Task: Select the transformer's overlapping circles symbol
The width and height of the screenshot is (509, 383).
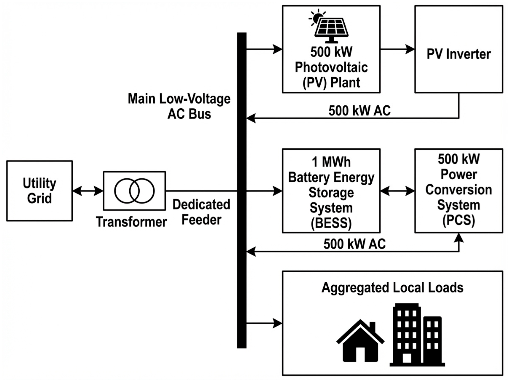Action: pyautogui.click(x=134, y=191)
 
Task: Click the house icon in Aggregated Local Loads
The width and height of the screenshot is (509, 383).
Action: pyautogui.click(x=360, y=341)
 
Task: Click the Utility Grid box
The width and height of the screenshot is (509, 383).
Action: pyautogui.click(x=39, y=191)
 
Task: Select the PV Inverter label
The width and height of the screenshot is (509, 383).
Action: pyautogui.click(x=458, y=54)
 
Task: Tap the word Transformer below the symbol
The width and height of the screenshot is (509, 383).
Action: pyautogui.click(x=131, y=222)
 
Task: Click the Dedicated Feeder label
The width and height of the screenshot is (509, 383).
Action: pyautogui.click(x=201, y=212)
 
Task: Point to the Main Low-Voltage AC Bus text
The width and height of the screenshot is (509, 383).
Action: pyautogui.click(x=179, y=106)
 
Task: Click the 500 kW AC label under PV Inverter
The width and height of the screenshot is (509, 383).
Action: pyautogui.click(x=359, y=111)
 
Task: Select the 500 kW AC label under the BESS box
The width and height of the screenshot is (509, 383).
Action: pyautogui.click(x=354, y=244)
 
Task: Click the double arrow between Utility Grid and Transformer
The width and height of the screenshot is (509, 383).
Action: pyautogui.click(x=88, y=191)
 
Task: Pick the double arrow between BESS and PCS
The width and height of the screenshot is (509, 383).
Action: pyautogui.click(x=397, y=191)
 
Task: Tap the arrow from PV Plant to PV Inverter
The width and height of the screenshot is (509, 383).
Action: pyautogui.click(x=397, y=49)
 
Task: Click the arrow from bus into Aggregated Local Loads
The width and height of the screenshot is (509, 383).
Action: pyautogui.click(x=264, y=323)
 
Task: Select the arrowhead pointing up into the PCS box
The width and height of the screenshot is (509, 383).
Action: pyautogui.click(x=459, y=238)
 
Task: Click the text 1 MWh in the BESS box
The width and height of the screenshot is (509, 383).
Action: pyautogui.click(x=331, y=162)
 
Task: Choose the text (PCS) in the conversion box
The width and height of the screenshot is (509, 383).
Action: pyautogui.click(x=458, y=220)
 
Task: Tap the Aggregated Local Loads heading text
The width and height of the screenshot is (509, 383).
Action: pyautogui.click(x=392, y=288)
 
